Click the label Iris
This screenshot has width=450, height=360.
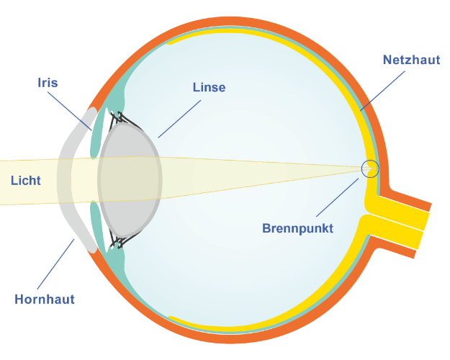[48, 83]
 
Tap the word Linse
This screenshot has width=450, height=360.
[209, 87]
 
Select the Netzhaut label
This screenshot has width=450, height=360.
[411, 60]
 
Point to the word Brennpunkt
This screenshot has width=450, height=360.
[297, 228]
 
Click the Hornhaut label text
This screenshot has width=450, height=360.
[45, 299]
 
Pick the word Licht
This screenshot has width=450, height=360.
[25, 181]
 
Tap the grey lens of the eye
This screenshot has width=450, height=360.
[130, 180]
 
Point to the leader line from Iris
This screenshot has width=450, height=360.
[70, 111]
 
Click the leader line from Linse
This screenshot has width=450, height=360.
[179, 119]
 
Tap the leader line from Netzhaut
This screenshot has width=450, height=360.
[382, 91]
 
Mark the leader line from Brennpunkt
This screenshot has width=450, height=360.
[337, 197]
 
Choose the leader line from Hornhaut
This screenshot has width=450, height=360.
[55, 264]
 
